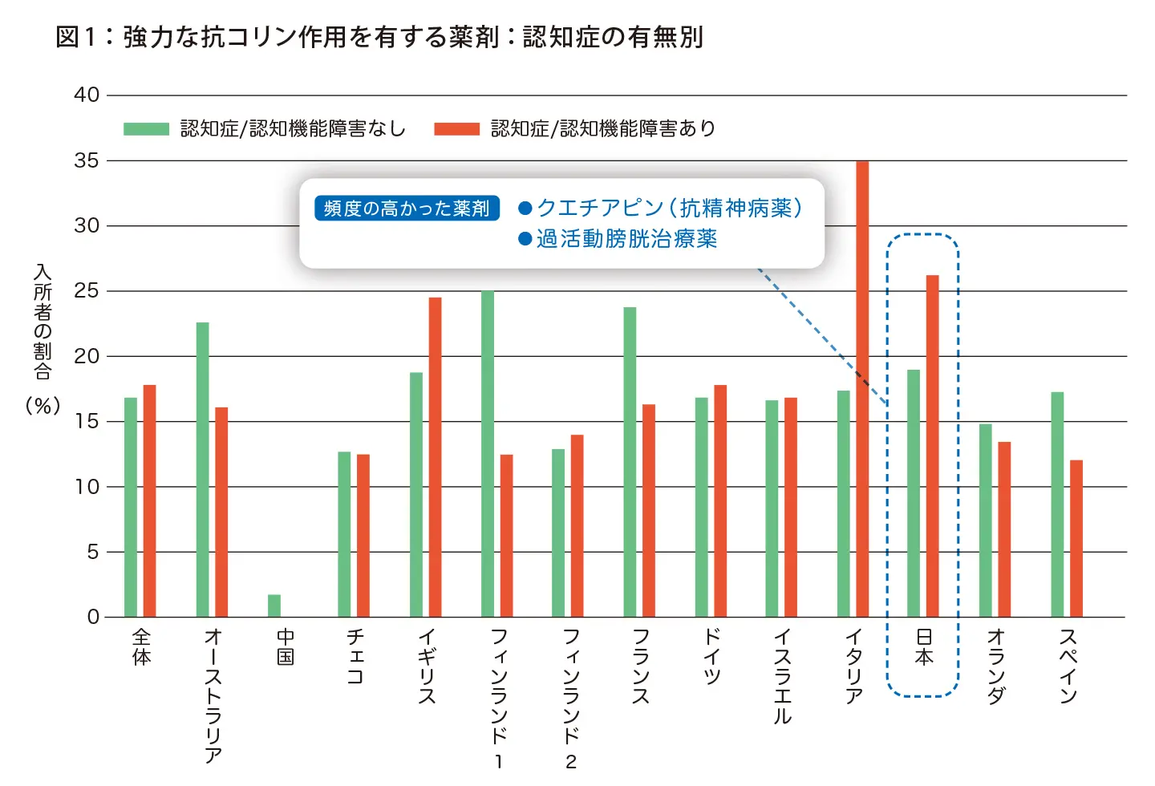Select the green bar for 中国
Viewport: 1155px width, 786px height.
point(274,606)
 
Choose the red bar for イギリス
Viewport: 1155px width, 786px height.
point(435,457)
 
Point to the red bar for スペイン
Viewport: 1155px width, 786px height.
point(1076,538)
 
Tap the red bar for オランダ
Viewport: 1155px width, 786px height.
point(1004,529)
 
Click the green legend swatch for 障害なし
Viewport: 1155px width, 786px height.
point(146,129)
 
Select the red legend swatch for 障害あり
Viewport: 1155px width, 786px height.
point(456,129)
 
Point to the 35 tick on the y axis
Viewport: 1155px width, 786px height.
point(87,160)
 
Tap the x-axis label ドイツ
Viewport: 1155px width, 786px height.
point(711,656)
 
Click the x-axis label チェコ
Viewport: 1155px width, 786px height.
point(355,656)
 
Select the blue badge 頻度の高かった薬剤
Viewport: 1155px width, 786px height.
point(407,209)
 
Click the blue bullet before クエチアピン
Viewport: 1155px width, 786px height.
point(525,209)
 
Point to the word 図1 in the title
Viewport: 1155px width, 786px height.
point(75,37)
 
